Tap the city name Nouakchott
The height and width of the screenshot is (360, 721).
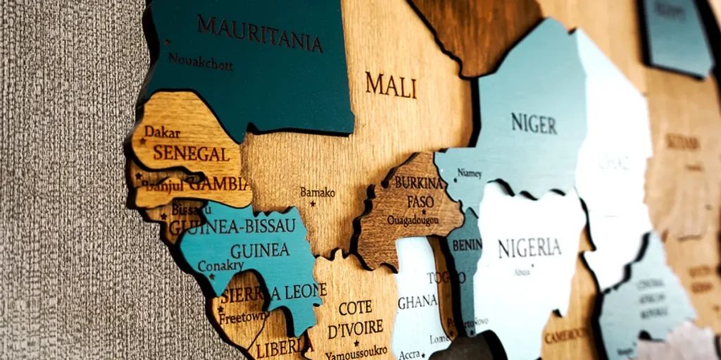200,62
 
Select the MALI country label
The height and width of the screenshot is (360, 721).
391,85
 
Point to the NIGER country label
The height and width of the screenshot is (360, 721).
534,123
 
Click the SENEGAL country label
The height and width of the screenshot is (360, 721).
191,153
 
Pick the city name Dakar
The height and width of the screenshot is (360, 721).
163,132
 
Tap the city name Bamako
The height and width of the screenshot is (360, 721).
318,192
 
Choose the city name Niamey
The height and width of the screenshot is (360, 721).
470,173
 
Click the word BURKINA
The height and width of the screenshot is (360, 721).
418,183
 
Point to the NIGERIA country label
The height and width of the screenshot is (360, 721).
529,248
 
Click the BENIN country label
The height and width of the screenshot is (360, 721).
467,244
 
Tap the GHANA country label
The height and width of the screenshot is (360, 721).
418,302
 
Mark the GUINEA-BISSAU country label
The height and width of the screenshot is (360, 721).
232,226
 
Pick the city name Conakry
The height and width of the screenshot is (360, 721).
220,266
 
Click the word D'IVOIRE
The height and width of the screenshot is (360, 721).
356,328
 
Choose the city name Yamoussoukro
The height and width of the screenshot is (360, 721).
356,350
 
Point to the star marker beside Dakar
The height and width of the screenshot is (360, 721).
142,141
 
